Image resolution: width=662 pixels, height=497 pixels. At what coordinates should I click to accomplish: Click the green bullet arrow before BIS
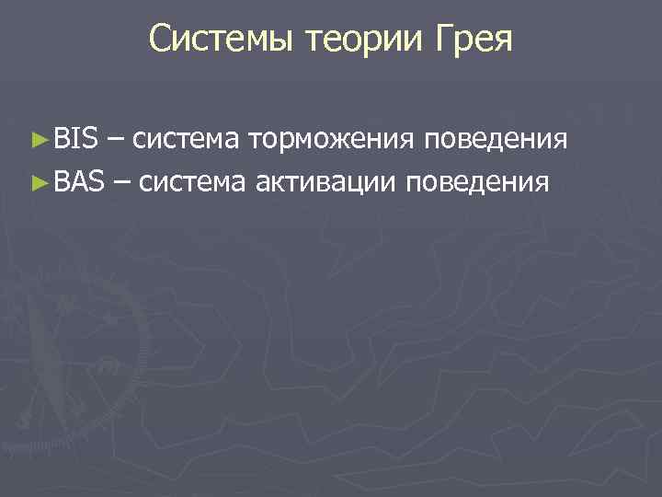point(38,140)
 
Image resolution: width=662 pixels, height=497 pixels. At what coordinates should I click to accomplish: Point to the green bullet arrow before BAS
point(38,182)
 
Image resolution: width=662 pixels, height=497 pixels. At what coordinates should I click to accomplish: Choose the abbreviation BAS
point(79,181)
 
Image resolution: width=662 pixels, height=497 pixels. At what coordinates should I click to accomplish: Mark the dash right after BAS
point(124,182)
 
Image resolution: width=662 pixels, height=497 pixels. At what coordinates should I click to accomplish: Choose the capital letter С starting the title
point(161,39)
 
